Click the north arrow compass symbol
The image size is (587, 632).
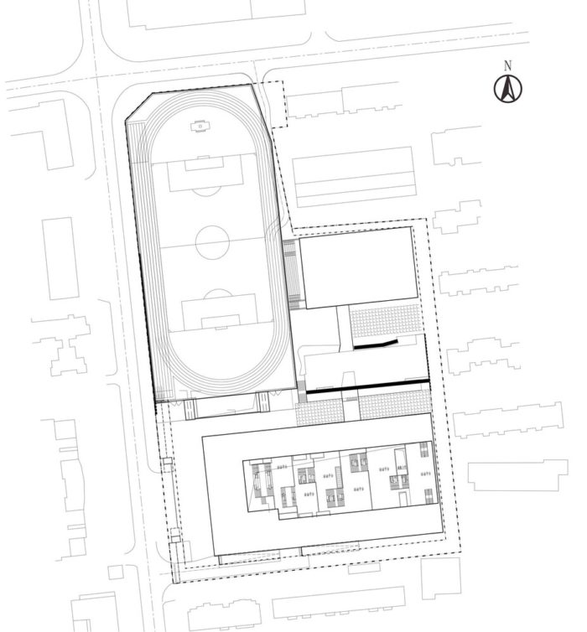pos(507,88)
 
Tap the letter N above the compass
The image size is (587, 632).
pos(507,65)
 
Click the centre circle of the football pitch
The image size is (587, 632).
pos(213,243)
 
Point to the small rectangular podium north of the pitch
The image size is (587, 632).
pos(200,126)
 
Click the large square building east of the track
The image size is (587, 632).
pos(358,267)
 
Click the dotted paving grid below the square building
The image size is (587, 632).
pos(385,319)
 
